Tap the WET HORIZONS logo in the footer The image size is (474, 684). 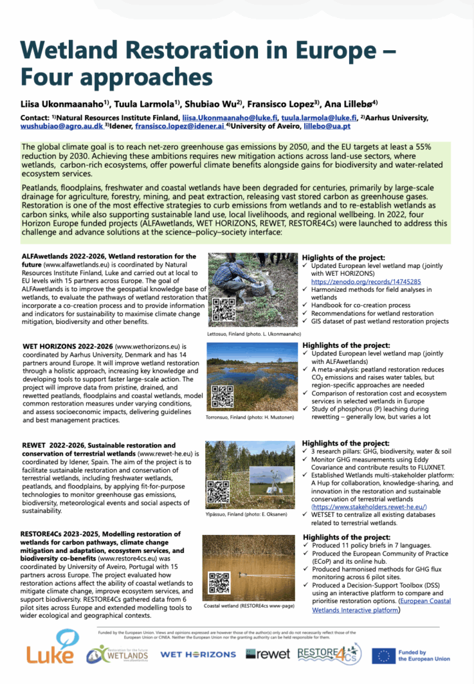[x=198, y=654]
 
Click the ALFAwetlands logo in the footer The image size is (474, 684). [x=120, y=654]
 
